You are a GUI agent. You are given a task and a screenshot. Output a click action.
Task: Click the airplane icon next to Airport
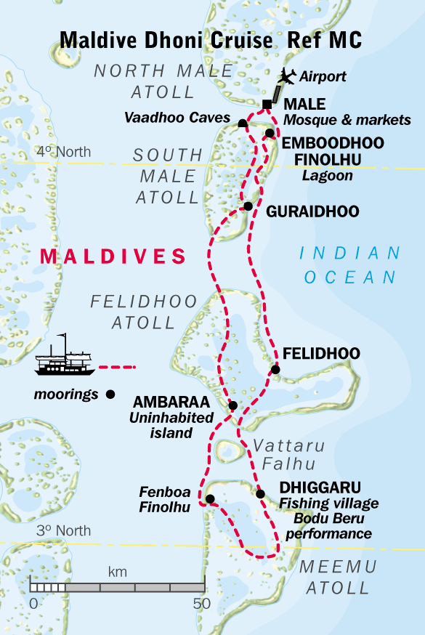(x=288, y=75)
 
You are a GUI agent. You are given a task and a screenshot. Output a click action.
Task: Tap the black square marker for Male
(x=267, y=105)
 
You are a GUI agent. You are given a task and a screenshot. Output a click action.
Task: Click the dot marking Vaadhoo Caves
(x=243, y=124)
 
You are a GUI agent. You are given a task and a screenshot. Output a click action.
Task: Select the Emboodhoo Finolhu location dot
(x=270, y=133)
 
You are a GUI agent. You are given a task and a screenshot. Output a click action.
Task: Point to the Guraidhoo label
(x=312, y=211)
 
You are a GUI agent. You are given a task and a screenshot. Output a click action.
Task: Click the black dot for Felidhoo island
(x=275, y=370)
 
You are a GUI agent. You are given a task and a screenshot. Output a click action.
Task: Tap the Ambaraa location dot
(x=232, y=405)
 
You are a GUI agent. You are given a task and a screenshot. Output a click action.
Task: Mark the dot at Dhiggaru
(x=260, y=494)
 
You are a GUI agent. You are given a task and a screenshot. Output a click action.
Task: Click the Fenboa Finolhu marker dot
(x=210, y=498)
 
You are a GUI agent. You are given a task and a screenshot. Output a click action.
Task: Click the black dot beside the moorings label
(x=110, y=395)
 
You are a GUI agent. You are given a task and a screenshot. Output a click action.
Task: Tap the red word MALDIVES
(x=113, y=256)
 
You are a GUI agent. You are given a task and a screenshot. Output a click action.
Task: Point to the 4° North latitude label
(x=64, y=152)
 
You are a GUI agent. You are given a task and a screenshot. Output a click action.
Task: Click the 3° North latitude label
(x=64, y=531)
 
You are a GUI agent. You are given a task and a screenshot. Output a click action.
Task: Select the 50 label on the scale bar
(x=201, y=603)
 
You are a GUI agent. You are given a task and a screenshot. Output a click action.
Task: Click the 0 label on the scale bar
(x=33, y=603)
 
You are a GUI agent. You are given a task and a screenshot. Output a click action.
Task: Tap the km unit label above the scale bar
(x=117, y=572)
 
